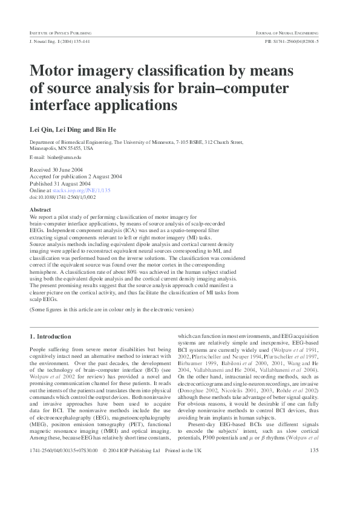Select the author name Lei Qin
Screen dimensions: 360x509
click(x=41, y=129)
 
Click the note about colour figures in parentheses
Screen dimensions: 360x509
click(x=112, y=310)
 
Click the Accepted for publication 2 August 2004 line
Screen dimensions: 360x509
click(x=76, y=177)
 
